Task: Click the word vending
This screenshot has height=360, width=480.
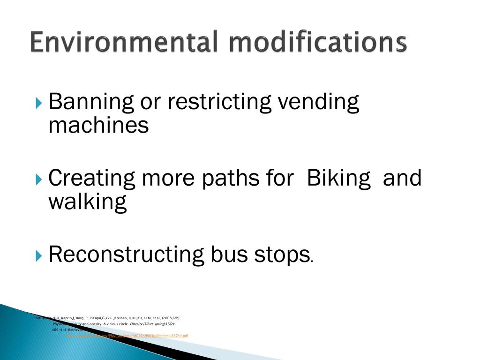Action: pyautogui.click(x=319, y=103)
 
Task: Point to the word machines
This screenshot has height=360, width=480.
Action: pyautogui.click(x=98, y=125)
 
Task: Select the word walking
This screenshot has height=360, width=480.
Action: pyautogui.click(x=88, y=202)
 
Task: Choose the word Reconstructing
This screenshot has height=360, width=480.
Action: pyautogui.click(x=127, y=255)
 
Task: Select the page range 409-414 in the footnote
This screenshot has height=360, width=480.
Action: pyautogui.click(x=59, y=330)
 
